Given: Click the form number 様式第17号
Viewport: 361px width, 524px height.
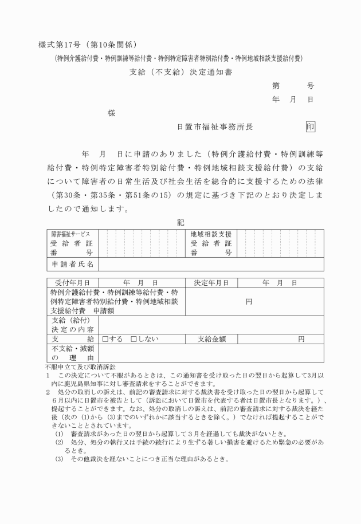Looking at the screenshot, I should tap(60, 45).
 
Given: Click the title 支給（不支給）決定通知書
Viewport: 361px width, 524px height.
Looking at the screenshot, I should tap(180, 72).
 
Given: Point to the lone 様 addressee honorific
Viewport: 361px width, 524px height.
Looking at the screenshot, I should tap(111, 113).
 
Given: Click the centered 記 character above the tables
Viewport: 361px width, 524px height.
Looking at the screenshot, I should tap(180, 222).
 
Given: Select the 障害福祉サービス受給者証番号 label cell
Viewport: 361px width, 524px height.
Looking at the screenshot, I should tap(72, 243).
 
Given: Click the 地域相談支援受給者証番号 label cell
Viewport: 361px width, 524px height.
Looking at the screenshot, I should tap(211, 243).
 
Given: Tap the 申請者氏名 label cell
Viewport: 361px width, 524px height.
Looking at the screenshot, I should tap(72, 264).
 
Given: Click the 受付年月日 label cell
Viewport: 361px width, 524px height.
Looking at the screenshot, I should tap(72, 282).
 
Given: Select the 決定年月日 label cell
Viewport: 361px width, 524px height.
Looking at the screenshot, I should tap(211, 282).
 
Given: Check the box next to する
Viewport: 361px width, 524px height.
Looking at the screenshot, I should tap(105, 339).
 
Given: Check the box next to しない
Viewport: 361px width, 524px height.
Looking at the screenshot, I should tap(134, 339).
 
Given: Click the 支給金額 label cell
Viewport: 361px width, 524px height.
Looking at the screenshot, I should tap(211, 339).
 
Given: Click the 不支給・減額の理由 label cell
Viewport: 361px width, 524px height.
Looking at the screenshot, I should tap(72, 353).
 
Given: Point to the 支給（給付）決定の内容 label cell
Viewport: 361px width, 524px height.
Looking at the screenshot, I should tap(72, 325).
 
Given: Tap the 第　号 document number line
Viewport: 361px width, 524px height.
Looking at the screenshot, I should tap(293, 86).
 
